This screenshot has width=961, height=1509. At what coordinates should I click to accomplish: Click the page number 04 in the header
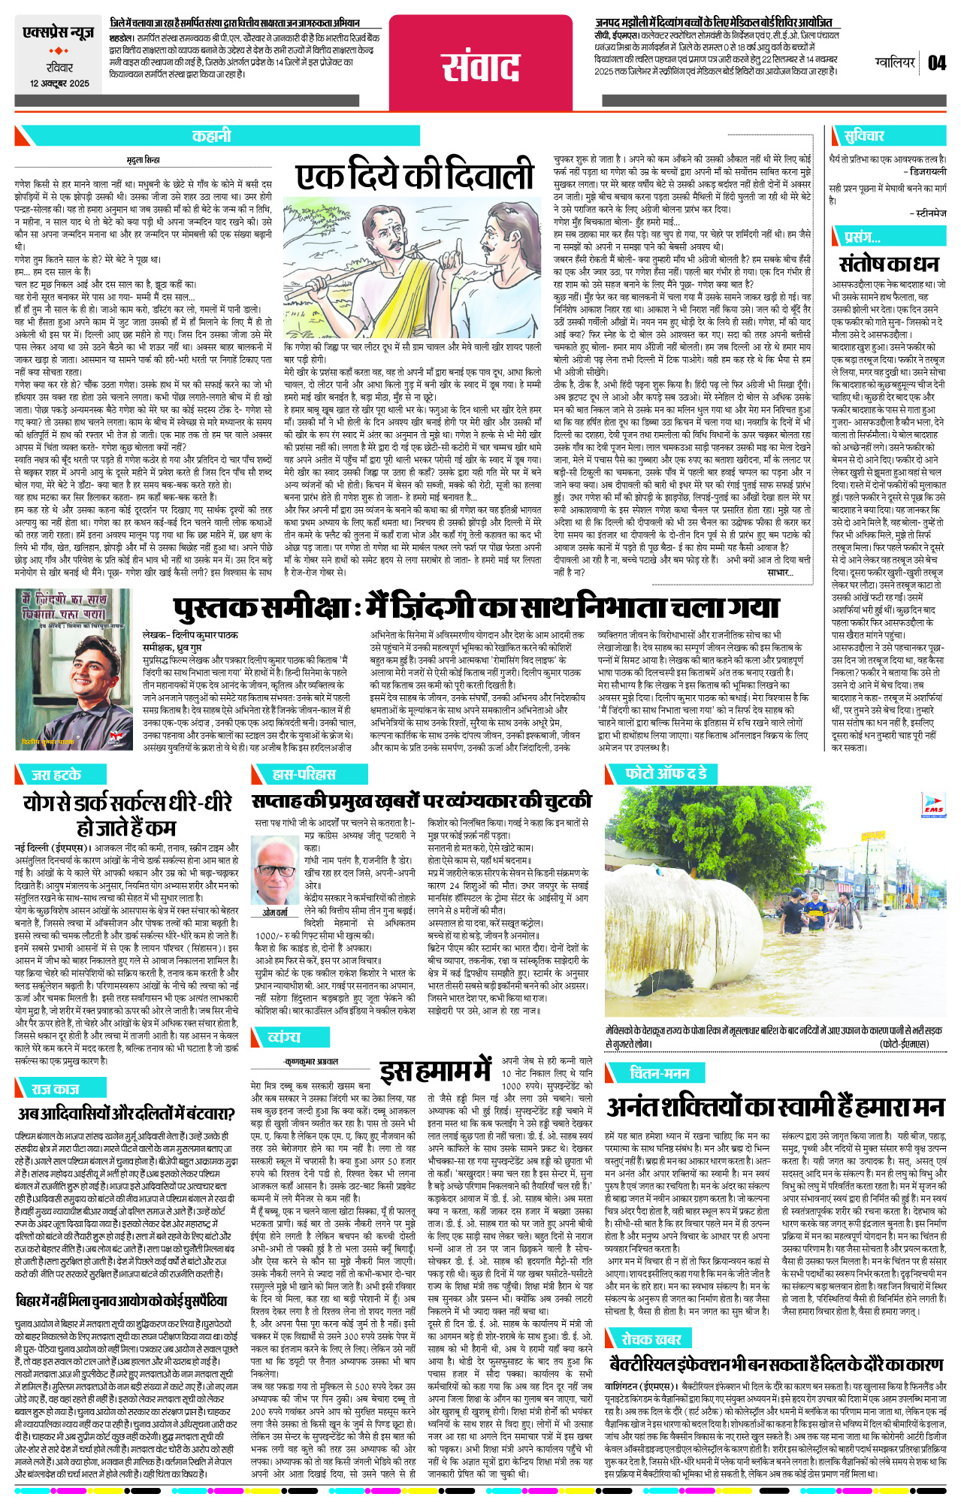click(x=936, y=63)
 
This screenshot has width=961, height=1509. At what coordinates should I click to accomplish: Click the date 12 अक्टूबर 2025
click(x=59, y=83)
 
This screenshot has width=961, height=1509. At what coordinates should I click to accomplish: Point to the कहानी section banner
click(x=211, y=136)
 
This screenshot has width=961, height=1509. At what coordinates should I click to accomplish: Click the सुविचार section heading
click(x=864, y=136)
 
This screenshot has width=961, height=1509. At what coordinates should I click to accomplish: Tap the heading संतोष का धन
click(x=890, y=264)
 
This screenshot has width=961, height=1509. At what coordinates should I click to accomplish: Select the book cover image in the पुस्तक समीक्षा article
click(x=74, y=669)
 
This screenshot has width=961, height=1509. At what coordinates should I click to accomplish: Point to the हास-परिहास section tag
click(x=304, y=774)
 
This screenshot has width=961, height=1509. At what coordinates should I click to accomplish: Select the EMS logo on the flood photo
click(x=933, y=806)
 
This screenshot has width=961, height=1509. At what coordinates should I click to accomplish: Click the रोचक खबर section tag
click(x=651, y=1338)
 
